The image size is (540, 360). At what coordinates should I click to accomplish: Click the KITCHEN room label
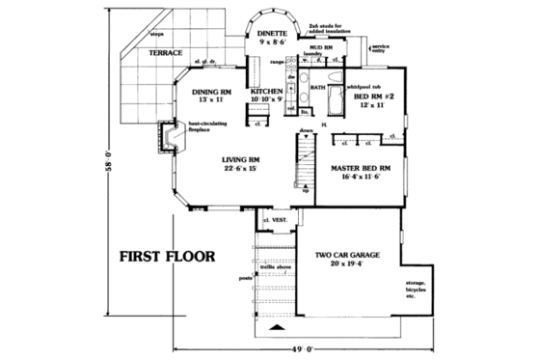click(x=266, y=94)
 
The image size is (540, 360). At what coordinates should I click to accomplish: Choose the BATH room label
click(x=317, y=88)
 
